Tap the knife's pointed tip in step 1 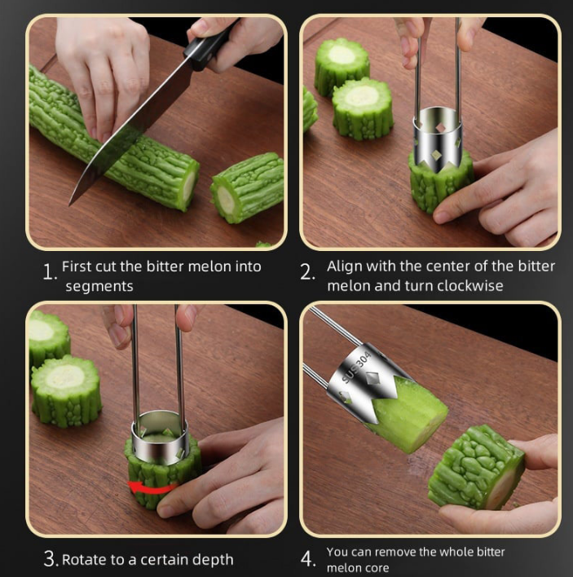tap(70, 205)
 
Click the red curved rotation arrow tap(152, 487)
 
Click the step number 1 tap(49, 272)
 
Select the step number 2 tap(307, 272)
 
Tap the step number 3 tap(51, 558)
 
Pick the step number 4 tap(307, 558)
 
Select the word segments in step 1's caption tap(99, 287)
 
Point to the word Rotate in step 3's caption tap(85, 560)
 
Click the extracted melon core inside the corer tap(408, 414)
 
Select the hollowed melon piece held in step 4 tap(478, 467)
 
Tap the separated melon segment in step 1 tap(246, 187)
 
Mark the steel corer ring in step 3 tap(161, 438)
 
